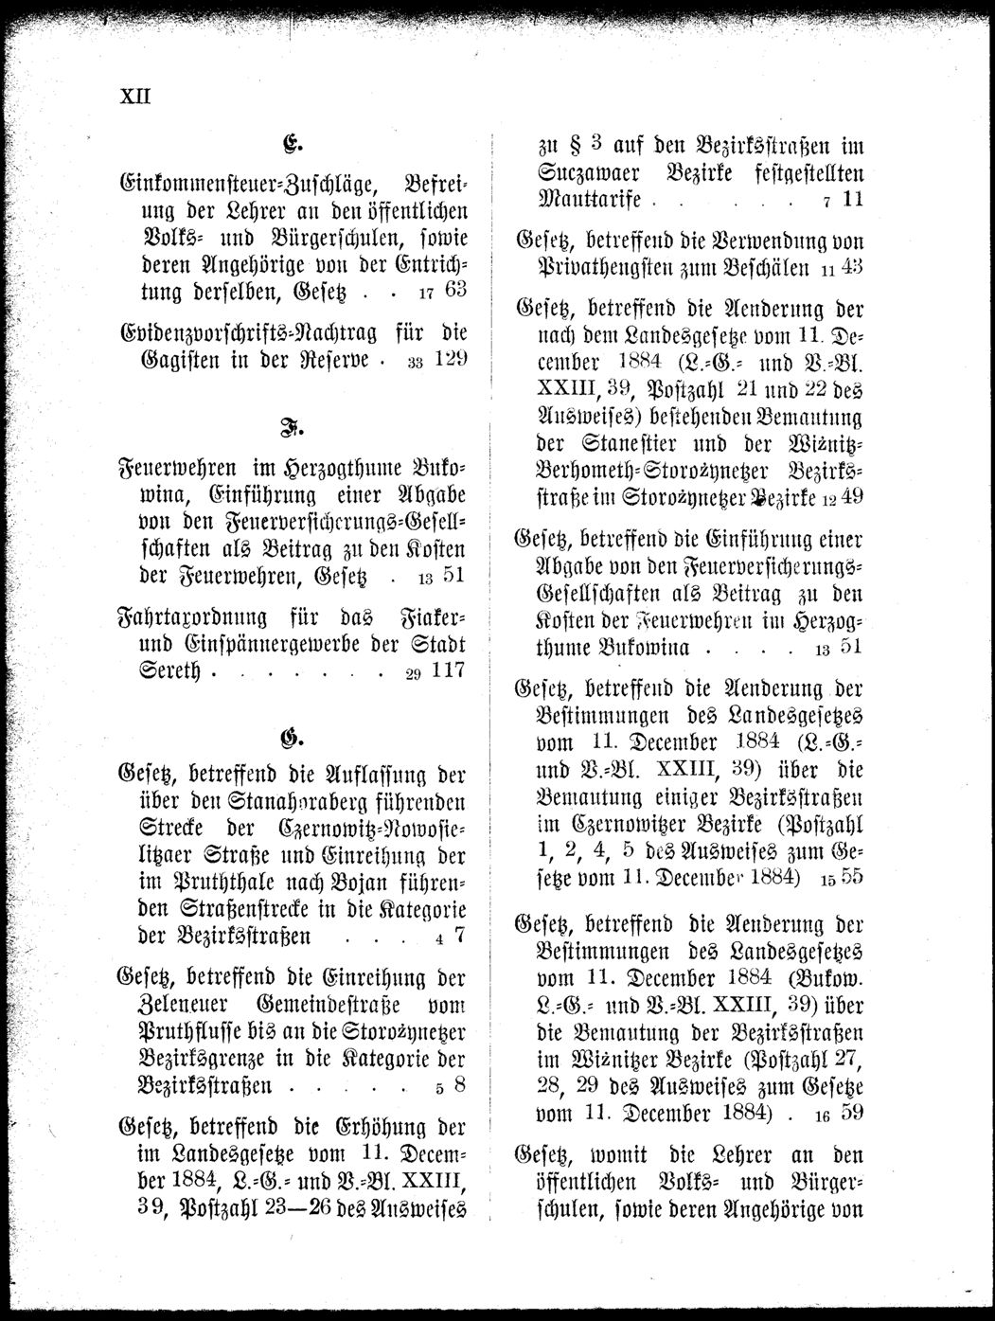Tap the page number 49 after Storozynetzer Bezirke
(x=850, y=495)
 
